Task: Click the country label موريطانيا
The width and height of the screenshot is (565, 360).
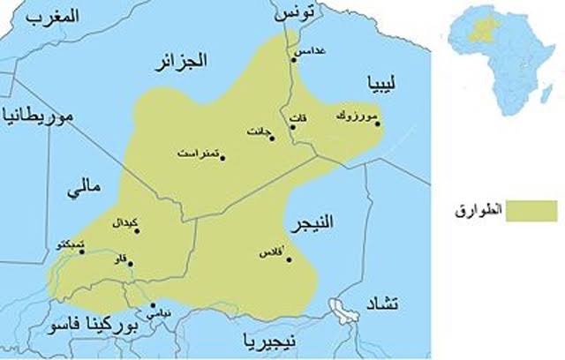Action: click(x=39, y=115)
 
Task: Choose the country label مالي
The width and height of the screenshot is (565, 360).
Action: click(x=86, y=188)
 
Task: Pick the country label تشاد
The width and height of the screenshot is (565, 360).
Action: click(x=382, y=304)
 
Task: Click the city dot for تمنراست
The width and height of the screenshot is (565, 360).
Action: click(x=222, y=159)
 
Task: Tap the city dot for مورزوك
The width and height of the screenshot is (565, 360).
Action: click(x=378, y=124)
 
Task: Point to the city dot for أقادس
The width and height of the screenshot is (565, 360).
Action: click(x=290, y=259)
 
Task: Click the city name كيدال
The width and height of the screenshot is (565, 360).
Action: click(x=130, y=221)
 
